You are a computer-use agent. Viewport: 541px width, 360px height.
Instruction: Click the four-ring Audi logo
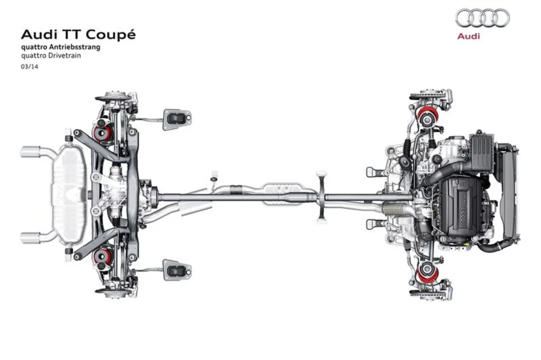pos(482,18)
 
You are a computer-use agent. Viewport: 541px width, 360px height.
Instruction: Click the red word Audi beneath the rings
pos(468,36)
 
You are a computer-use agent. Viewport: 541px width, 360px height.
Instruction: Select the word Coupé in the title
pos(110,35)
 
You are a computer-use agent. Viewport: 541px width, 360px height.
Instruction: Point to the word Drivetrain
pos(64,55)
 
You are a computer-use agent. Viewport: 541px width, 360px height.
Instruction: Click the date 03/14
pos(29,67)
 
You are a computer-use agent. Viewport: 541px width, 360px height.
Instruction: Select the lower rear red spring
pos(103,256)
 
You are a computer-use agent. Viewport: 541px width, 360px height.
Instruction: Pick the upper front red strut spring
pos(428,117)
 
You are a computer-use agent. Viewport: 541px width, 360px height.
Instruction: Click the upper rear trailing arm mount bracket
pos(177,120)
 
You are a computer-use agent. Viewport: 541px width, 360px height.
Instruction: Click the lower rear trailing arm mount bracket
pos(177,270)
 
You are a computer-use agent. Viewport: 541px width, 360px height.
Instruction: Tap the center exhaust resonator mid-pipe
pos(282,195)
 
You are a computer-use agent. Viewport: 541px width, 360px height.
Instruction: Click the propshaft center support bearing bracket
pos(322,197)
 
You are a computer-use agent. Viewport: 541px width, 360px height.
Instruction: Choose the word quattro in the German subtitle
pos(35,47)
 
